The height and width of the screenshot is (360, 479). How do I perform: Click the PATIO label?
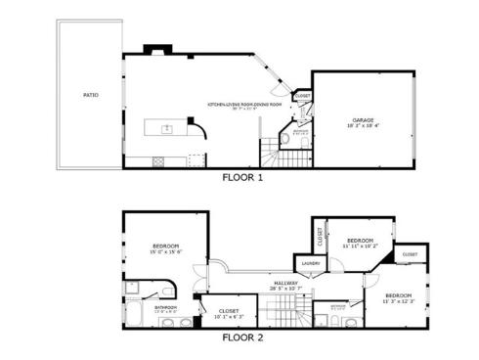(90, 95)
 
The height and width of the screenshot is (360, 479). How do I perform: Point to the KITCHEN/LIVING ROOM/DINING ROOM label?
(243, 105)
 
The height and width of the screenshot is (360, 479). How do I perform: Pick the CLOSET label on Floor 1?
(303, 96)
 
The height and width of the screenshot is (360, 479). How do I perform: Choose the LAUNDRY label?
(311, 263)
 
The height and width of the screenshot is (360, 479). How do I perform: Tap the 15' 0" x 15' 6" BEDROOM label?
(166, 247)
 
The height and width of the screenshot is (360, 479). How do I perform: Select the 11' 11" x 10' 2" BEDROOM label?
(361, 242)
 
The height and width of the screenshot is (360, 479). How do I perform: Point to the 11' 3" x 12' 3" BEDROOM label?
(398, 297)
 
